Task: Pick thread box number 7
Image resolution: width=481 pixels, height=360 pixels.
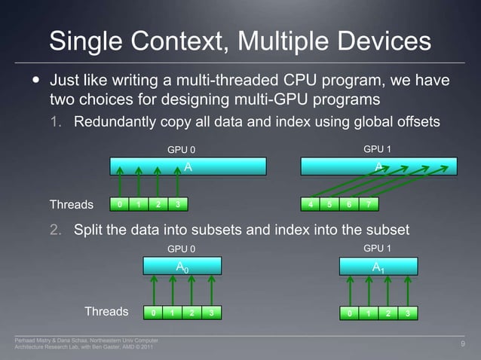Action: (x=369, y=204)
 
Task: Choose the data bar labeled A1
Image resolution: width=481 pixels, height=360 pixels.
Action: (x=378, y=266)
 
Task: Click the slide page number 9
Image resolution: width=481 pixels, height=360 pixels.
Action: (x=462, y=344)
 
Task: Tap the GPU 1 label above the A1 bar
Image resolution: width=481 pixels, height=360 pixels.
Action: (x=377, y=248)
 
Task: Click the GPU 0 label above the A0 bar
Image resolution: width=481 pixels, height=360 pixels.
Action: (x=181, y=248)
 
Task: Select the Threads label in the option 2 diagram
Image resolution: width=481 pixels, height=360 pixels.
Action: (x=106, y=311)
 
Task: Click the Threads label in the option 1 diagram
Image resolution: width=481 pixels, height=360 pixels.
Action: (x=72, y=204)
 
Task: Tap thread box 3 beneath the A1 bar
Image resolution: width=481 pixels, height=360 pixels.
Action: (x=408, y=312)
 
